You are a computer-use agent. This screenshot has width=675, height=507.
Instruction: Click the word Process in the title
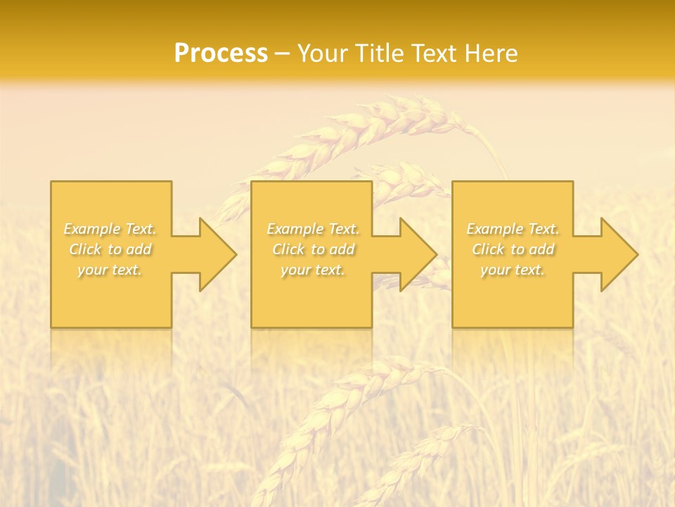221,54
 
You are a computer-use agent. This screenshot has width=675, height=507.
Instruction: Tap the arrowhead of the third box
618,254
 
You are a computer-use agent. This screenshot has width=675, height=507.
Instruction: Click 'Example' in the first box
92,229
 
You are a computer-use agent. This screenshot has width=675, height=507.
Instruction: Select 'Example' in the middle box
295,229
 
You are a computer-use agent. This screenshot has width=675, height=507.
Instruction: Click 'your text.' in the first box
110,270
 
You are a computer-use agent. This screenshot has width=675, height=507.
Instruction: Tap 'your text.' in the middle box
313,270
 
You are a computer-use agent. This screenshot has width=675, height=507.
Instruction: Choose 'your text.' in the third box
513,270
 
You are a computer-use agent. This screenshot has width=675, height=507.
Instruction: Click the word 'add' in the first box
139,249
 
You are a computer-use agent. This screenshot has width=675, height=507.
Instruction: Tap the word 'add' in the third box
542,249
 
